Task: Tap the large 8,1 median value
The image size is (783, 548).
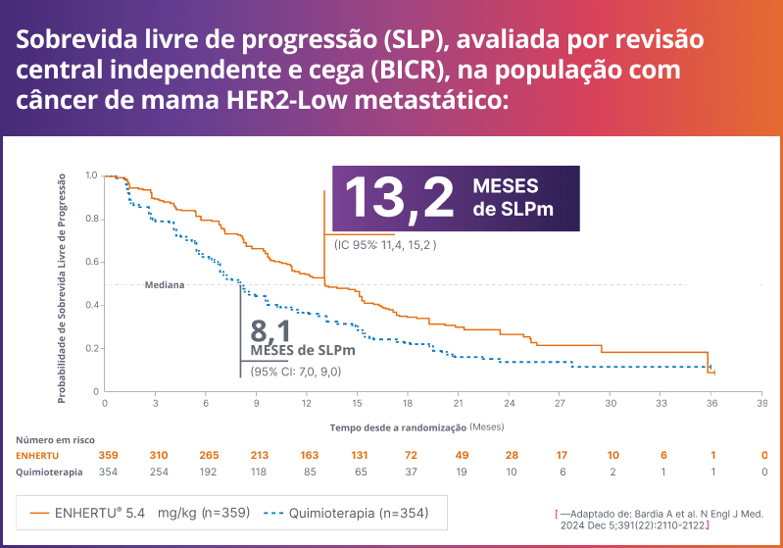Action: [x=271, y=329]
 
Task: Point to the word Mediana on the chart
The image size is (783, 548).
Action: [x=166, y=285]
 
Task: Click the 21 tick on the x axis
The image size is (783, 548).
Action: [x=459, y=403]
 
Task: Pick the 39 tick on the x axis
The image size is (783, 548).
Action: [x=761, y=403]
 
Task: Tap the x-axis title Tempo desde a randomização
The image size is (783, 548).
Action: [x=397, y=428]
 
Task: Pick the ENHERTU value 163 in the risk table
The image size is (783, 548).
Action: [x=307, y=456]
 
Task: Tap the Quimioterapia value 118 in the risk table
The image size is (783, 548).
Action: [x=256, y=472]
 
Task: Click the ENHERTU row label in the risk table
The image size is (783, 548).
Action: [x=38, y=456]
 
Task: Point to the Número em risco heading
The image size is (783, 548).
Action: [x=55, y=440]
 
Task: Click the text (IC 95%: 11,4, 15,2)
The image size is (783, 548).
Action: [x=384, y=243]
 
